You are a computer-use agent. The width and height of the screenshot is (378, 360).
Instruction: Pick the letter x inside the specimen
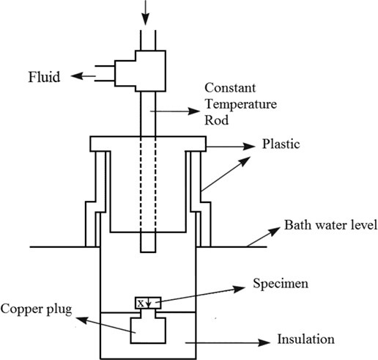click(x=140, y=302)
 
